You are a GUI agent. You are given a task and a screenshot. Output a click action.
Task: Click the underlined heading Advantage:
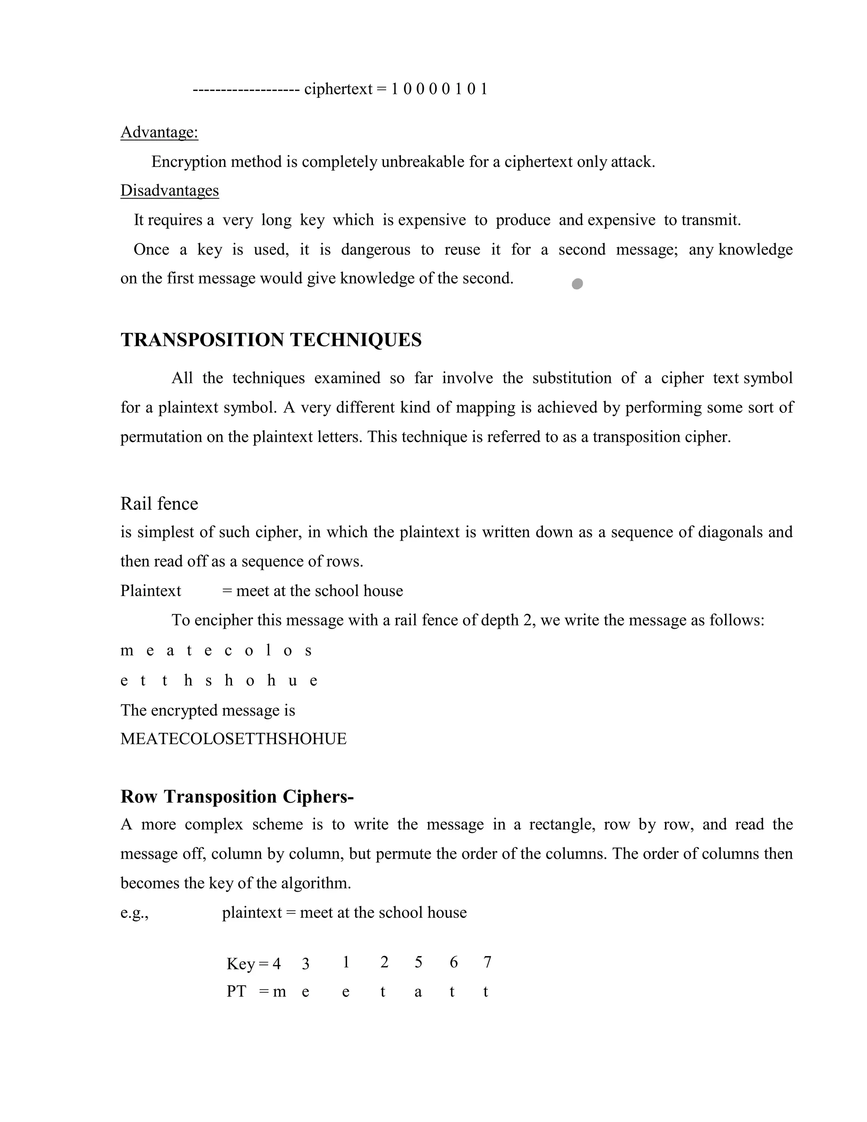159,133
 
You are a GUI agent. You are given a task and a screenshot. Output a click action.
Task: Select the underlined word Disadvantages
169,191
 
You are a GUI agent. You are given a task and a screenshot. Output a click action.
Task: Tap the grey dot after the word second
577,284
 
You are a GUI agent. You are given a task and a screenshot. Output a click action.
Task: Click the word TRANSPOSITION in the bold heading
202,340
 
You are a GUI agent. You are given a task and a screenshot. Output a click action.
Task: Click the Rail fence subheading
159,503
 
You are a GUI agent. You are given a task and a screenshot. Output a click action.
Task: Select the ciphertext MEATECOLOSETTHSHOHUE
233,739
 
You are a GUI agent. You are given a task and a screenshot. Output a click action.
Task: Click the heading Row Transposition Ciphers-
237,797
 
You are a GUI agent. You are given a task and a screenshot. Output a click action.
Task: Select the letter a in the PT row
418,992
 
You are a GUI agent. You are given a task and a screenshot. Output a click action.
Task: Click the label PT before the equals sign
236,992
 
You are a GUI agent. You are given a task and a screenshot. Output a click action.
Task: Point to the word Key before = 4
240,964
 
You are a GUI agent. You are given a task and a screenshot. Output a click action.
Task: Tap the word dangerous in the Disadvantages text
376,250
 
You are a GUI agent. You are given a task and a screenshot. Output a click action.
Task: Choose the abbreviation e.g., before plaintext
134,913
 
